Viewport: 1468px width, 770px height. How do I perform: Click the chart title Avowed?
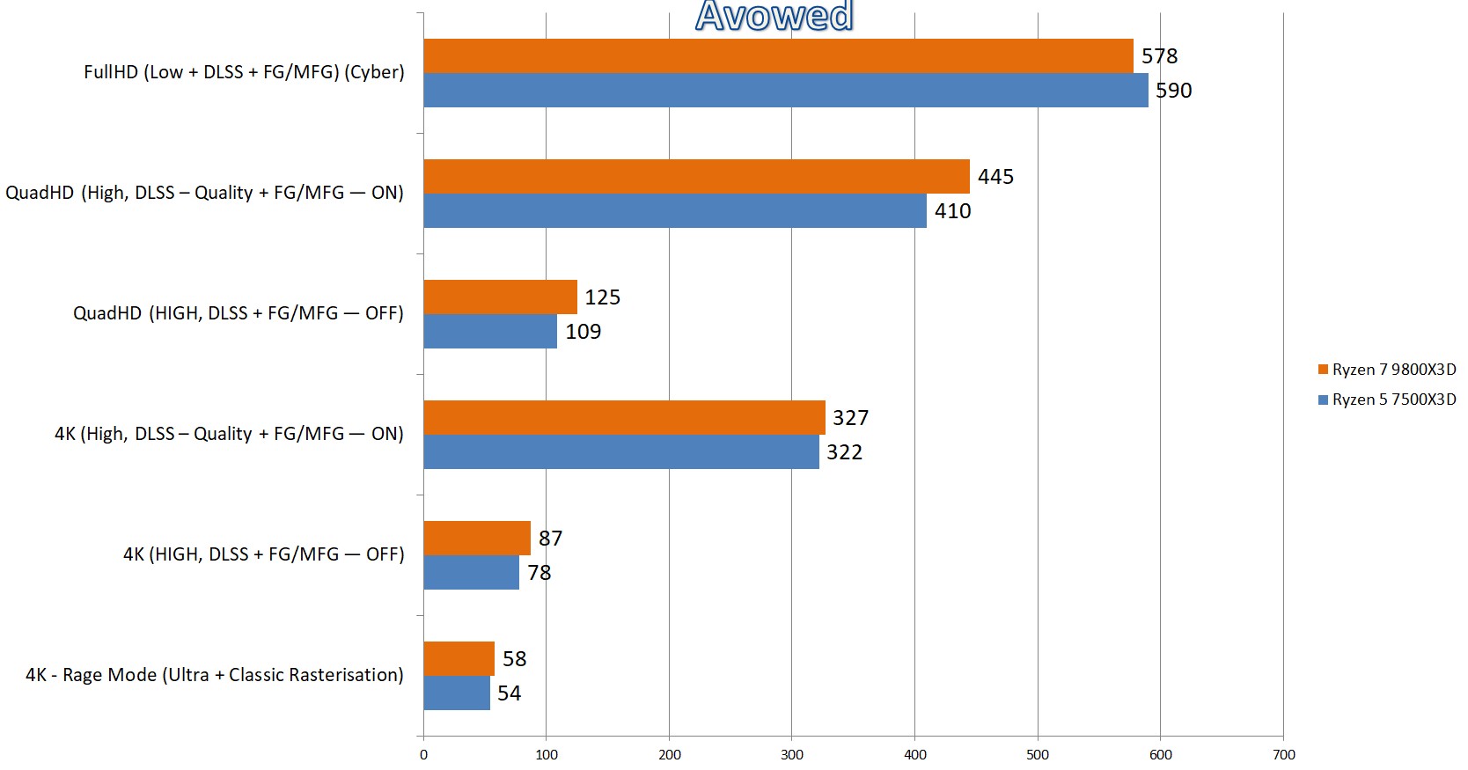pos(774,16)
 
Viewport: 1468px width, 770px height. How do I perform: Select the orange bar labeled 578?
pos(778,55)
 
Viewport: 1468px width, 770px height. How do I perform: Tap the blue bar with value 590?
pos(785,90)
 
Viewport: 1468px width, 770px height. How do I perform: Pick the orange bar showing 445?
pos(696,176)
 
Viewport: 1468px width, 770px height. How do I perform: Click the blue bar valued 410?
pos(675,210)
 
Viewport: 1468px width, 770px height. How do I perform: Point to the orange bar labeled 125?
pos(500,297)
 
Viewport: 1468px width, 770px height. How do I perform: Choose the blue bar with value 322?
pos(621,451)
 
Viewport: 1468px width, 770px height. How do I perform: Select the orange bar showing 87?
pos(477,538)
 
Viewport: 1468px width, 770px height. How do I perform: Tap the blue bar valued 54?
pos(457,693)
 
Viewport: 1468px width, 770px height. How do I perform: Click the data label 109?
pos(584,332)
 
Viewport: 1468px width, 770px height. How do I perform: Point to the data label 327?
pos(851,418)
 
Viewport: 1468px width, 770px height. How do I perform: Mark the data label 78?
pos(539,573)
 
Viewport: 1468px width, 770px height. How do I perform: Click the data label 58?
pos(515,659)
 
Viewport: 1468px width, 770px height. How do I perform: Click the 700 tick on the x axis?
pos(1284,754)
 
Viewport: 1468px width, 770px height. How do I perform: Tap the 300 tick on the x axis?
pos(792,754)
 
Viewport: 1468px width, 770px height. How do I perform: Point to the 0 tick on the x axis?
pos(423,754)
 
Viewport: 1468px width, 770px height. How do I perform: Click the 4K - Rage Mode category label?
pos(215,675)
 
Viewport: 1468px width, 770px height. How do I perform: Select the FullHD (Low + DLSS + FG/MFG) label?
pos(244,72)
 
